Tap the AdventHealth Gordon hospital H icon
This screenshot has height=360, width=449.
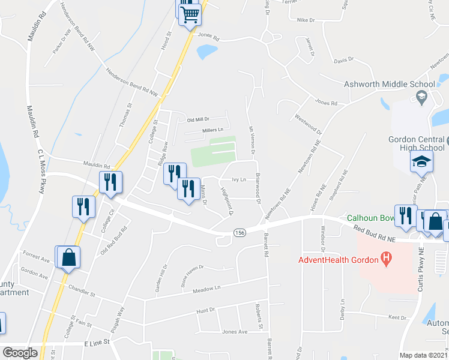click(x=387, y=259)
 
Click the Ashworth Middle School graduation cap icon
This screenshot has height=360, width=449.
click(x=421, y=96)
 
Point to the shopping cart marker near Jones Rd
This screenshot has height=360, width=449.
click(x=190, y=14)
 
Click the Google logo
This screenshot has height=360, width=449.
click(x=20, y=353)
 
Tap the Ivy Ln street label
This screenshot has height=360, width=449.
click(x=239, y=179)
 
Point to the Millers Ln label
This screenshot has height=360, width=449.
click(x=212, y=130)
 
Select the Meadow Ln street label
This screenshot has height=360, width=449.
click(x=206, y=289)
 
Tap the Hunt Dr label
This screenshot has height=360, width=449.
click(x=205, y=310)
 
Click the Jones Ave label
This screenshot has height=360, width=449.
click(x=235, y=331)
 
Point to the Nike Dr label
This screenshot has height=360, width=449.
click(x=306, y=20)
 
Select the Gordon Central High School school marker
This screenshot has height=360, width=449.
click(x=421, y=161)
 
